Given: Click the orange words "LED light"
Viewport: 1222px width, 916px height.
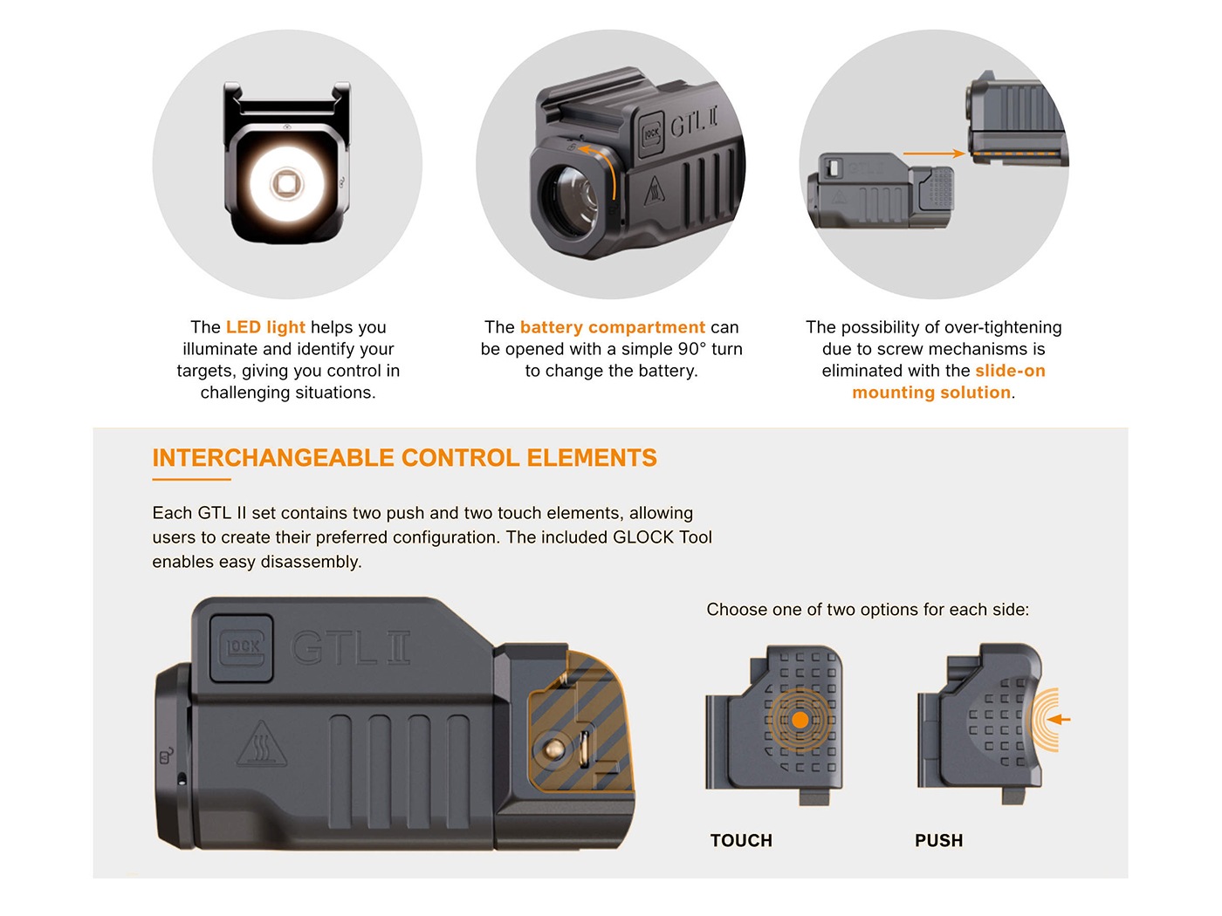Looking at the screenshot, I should tap(265, 327).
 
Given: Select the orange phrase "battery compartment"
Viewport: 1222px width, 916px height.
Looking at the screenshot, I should tap(612, 327).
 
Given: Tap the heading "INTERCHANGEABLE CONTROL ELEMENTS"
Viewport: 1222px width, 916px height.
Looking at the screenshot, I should tap(404, 458).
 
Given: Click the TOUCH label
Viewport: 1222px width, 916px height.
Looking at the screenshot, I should tap(741, 840).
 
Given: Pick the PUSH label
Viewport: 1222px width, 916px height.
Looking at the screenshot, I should tap(938, 840).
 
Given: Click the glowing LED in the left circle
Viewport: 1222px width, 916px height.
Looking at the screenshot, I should tap(285, 184).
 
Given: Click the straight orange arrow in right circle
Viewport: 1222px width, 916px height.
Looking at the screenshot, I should tap(933, 154).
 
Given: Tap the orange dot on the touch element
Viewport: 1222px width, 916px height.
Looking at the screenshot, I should tap(800, 720).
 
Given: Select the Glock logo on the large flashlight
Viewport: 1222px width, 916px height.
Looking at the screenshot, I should tap(242, 647).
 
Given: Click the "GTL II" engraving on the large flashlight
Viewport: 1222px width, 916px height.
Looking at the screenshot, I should tap(351, 648).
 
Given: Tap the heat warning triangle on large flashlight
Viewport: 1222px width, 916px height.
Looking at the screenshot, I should tap(262, 746).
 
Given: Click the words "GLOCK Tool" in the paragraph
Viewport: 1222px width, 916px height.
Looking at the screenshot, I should tap(662, 537).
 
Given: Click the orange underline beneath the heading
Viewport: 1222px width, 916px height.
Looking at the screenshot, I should tap(191, 479).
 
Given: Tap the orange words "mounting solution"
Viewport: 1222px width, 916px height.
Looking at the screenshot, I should tap(931, 393).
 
